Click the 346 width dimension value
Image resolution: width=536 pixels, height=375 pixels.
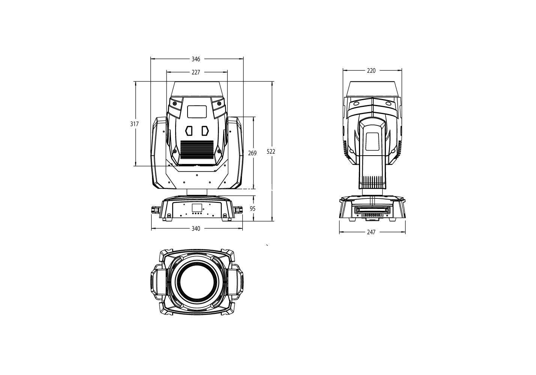point(196,59)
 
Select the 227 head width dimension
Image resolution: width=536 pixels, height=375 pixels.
point(196,72)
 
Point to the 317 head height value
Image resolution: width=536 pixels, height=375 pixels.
point(134,124)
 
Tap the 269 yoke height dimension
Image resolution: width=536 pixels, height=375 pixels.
point(252,153)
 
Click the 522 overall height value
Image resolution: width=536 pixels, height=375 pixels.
point(271,151)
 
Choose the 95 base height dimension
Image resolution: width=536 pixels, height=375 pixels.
point(253,208)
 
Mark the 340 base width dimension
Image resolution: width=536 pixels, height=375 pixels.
point(196,229)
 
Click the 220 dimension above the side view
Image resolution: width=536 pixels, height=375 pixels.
point(371,70)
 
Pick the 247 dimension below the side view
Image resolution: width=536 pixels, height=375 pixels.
point(371,232)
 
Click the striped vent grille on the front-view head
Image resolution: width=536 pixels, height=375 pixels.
point(197,150)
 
